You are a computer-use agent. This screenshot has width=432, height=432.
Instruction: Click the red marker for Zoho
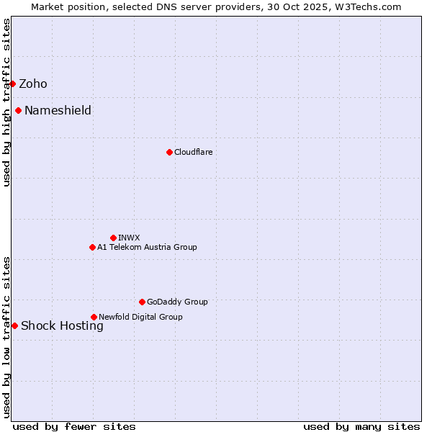coord(12,84)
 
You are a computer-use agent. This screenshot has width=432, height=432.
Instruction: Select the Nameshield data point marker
coord(18,110)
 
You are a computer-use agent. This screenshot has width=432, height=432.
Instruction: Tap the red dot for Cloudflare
coord(169,152)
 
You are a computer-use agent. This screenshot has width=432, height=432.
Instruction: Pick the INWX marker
coord(113,238)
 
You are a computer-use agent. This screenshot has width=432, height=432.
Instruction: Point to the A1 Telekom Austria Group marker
coord(92,247)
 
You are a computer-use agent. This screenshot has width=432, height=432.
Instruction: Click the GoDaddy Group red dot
coord(142,302)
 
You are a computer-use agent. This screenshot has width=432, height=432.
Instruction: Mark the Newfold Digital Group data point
coord(94,317)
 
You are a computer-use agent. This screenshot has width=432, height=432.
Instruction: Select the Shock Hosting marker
coord(14,325)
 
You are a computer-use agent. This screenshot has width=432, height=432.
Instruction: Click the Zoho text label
coord(33,84)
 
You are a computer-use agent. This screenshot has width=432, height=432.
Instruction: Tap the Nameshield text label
coord(58,110)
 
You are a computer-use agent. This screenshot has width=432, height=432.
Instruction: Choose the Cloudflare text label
coord(193,152)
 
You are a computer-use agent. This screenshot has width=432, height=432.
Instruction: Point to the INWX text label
coord(129,238)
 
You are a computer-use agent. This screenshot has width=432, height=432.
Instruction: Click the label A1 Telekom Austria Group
coord(147,247)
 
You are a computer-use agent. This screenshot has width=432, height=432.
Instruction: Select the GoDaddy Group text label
coord(177,302)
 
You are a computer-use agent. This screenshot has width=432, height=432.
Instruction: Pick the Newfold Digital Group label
coord(140,317)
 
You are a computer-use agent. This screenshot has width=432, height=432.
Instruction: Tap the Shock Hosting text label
coord(62,325)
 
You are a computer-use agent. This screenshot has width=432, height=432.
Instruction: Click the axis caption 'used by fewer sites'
coord(74,426)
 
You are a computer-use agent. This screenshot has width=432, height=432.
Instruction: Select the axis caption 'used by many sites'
coord(361,426)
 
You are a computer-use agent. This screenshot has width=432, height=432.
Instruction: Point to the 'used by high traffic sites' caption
coord(6,102)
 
